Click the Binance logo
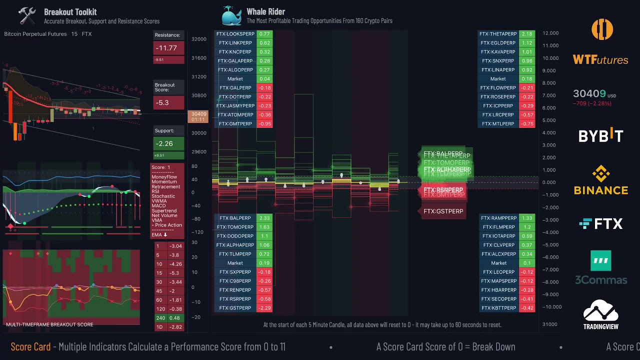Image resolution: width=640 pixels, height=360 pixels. (x=600, y=180)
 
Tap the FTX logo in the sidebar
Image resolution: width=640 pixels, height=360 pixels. (x=600, y=224)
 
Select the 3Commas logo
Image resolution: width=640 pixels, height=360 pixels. (x=600, y=267)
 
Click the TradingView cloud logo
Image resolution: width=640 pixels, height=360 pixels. (x=600, y=314)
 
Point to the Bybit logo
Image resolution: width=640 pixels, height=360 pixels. (x=600, y=135)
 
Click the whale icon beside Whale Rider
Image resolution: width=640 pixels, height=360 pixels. (x=231, y=15)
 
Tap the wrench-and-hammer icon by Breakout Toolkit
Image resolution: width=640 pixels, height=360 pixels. (x=27, y=15)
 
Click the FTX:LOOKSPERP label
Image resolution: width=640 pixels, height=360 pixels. (x=235, y=34)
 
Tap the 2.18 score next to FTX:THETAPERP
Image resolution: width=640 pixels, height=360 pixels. (x=527, y=34)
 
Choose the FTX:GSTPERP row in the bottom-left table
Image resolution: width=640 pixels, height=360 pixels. (x=235, y=308)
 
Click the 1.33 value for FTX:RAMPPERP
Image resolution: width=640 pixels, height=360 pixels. (x=527, y=218)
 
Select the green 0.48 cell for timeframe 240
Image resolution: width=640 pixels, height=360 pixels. (x=175, y=318)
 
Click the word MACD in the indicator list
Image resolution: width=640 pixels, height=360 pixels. (x=158, y=206)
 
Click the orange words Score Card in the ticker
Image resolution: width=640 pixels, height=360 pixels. (x=30, y=347)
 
